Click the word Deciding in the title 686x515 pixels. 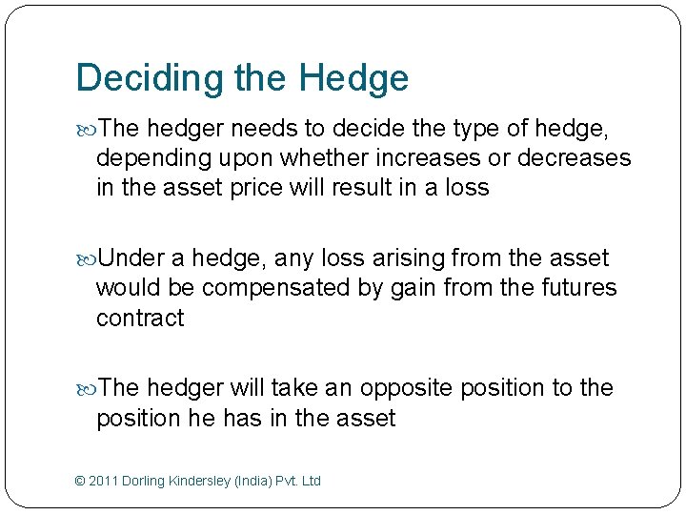(x=149, y=78)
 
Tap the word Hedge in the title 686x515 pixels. (x=353, y=78)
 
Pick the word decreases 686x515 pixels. (x=574, y=157)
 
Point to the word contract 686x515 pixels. (x=140, y=318)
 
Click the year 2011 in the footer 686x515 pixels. (x=103, y=481)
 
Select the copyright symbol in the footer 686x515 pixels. (x=79, y=481)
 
